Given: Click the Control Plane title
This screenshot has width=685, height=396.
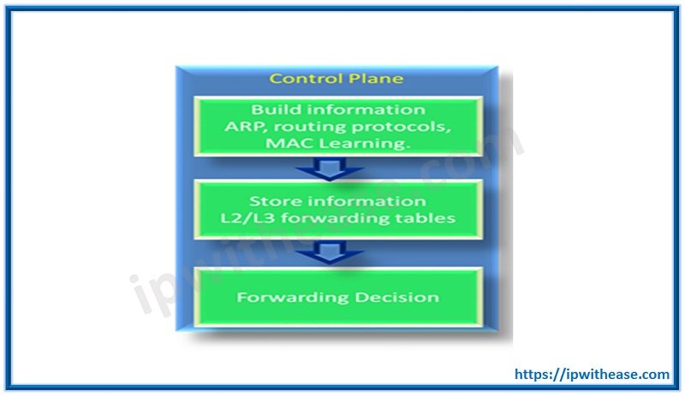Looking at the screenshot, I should coord(337,79).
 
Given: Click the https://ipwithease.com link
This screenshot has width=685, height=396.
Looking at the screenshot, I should coord(592,374).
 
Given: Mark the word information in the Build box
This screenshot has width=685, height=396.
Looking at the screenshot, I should coord(360,110).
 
